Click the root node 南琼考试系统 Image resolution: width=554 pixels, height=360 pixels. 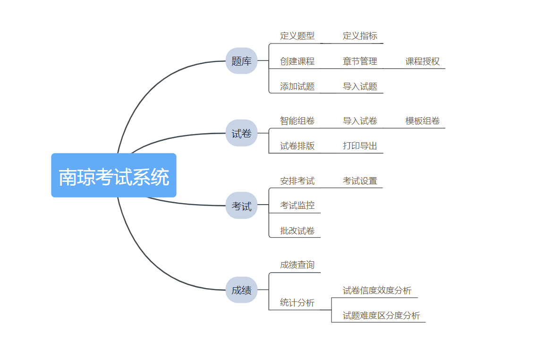[x=114, y=175]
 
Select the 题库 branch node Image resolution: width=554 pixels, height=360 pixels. [x=242, y=61]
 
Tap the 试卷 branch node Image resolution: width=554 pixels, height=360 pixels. [x=242, y=133]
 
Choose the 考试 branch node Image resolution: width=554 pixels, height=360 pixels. [x=242, y=206]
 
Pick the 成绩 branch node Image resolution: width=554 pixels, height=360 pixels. [x=242, y=290]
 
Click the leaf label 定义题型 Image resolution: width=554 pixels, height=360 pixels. [x=297, y=36]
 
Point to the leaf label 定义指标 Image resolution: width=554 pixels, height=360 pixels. [x=360, y=36]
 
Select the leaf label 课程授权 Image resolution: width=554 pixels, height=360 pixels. [x=423, y=61]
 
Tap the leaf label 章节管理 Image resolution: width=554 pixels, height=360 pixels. [x=360, y=61]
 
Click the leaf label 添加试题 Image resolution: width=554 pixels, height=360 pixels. [x=297, y=86]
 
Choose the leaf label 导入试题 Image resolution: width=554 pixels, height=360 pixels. [x=360, y=86]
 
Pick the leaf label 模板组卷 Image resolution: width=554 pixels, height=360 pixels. [x=423, y=121]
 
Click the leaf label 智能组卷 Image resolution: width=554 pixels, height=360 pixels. [x=297, y=121]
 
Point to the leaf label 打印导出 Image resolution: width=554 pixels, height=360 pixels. [x=360, y=146]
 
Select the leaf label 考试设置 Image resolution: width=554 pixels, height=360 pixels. [x=360, y=181]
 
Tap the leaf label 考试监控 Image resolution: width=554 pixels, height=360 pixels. [x=297, y=205]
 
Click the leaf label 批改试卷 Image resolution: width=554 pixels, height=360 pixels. [x=297, y=231]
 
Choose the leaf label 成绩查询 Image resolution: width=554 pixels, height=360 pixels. [x=297, y=265]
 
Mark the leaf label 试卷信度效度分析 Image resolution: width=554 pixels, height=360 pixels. [x=377, y=291]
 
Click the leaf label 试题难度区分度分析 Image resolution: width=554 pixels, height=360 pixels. [x=381, y=316]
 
